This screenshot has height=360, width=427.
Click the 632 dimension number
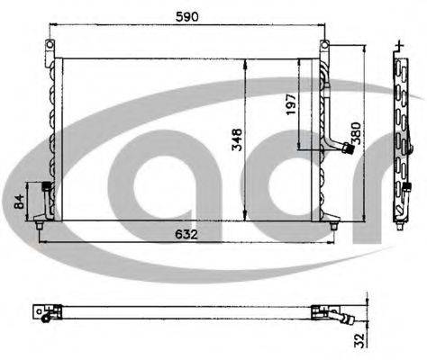point(186,234)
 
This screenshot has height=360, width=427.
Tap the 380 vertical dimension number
point(356,133)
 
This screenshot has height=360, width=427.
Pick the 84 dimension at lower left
point(19,202)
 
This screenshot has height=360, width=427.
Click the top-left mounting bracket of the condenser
point(50,49)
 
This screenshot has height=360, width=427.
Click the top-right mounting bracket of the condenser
point(324,49)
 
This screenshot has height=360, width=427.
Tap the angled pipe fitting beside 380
point(340,148)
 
